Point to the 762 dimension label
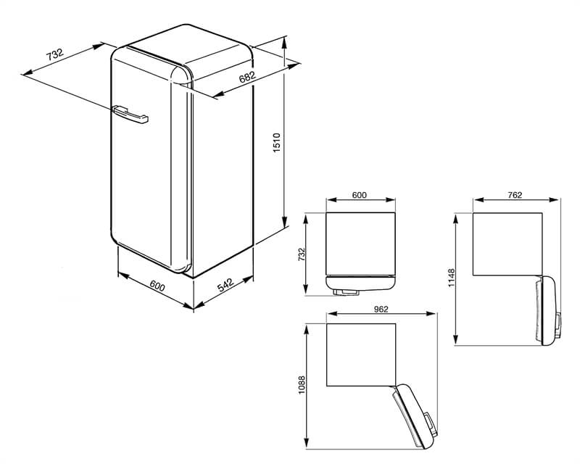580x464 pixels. (x=515, y=194)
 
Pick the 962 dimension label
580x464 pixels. (x=381, y=310)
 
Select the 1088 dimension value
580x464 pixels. (x=302, y=384)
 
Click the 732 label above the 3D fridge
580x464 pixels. (x=54, y=54)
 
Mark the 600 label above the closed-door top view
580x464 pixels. (x=360, y=194)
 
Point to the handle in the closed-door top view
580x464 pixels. (x=347, y=292)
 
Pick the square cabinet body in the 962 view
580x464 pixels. (x=361, y=355)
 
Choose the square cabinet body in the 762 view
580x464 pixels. (x=507, y=244)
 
